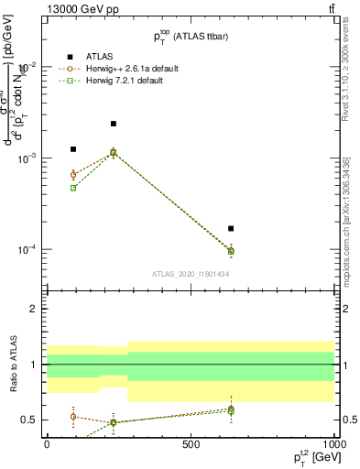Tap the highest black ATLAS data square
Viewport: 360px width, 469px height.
114,124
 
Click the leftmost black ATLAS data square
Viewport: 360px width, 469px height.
73,149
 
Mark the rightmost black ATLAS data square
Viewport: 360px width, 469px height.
231,228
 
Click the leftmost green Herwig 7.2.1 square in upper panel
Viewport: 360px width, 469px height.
73,188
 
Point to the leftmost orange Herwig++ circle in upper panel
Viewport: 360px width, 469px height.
73,174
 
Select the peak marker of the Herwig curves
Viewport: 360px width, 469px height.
114,152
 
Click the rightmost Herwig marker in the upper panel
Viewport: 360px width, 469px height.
231,250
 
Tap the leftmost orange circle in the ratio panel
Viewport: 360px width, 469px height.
73,417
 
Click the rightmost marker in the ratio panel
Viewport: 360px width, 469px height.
231,409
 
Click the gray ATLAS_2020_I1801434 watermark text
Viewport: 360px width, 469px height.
190,273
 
